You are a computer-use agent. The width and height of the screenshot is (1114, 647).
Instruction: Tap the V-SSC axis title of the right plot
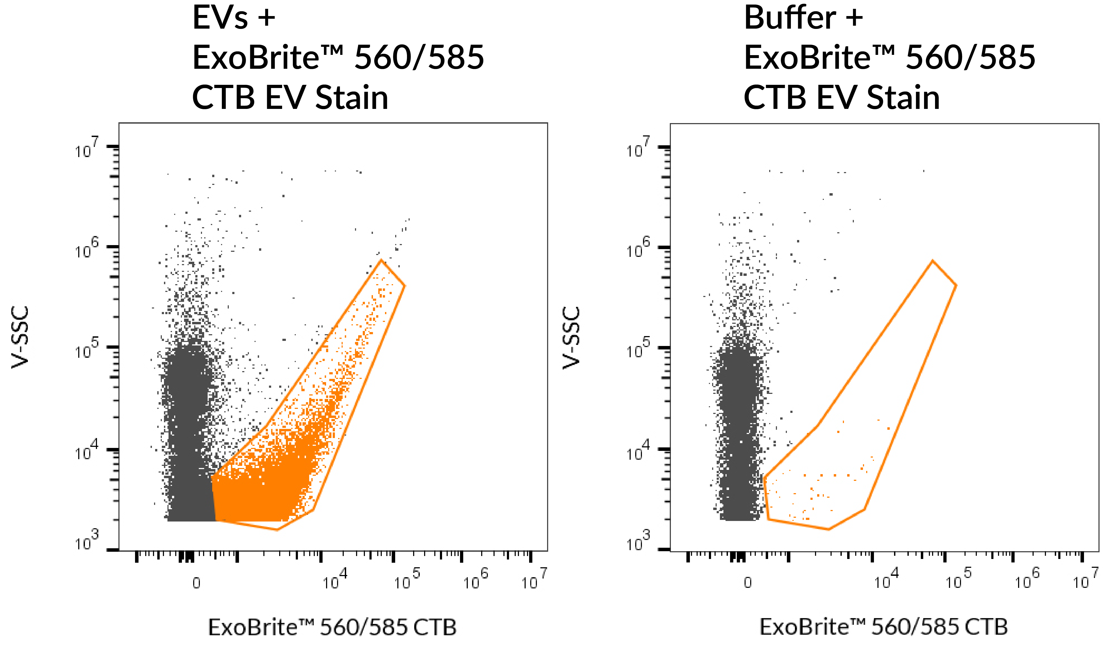click(x=571, y=338)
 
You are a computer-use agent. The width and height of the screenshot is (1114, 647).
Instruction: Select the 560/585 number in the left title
click(x=419, y=58)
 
